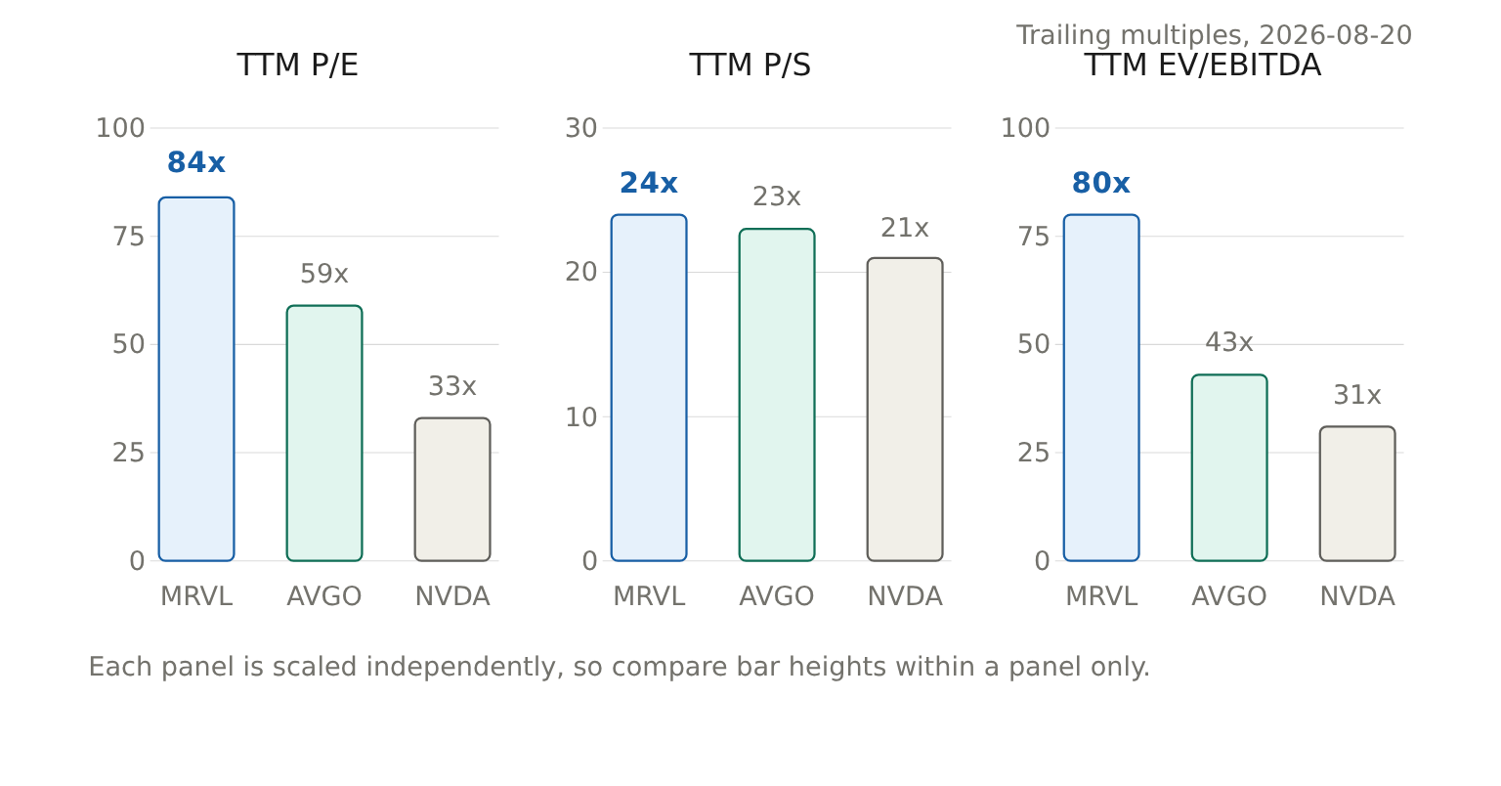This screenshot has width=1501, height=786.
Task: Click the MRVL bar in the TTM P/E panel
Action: pos(196,379)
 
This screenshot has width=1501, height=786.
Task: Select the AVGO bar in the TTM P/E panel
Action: pos(324,433)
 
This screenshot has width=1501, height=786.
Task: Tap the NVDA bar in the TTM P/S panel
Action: pos(905,409)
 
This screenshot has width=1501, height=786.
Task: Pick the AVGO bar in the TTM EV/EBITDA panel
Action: pos(1229,467)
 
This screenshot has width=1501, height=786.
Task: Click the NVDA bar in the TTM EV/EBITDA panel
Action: pos(1357,494)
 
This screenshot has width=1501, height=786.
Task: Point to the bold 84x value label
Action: pos(195,162)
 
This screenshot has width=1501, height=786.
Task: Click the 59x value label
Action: pos(324,274)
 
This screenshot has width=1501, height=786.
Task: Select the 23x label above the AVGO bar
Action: pos(777,196)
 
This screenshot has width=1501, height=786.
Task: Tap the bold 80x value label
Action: pos(1101,183)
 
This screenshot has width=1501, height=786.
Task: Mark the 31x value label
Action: pos(1357,395)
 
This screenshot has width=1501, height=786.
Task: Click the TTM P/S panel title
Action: pos(750,65)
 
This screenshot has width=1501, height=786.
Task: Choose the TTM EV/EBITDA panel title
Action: pos(1203,65)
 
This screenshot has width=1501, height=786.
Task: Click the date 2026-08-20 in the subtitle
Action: pos(1336,35)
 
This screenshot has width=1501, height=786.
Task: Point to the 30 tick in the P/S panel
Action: pos(581,128)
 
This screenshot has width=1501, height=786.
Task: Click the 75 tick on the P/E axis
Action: pos(129,237)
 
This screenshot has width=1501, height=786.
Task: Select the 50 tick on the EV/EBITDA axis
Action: pos(1033,345)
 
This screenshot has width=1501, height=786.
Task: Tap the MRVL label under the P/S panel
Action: pos(649,596)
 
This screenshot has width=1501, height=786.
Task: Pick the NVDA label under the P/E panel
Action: pos(452,596)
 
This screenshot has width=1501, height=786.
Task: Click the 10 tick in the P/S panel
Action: pos(581,417)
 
